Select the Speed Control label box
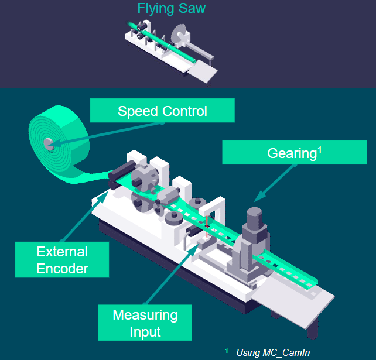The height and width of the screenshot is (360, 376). [x=162, y=111]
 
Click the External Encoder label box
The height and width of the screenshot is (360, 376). [x=62, y=260]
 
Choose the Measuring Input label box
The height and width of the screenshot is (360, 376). [x=145, y=323]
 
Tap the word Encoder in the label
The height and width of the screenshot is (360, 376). [x=62, y=269]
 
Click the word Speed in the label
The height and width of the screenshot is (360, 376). [x=138, y=111]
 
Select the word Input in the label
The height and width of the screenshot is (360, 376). [x=145, y=332]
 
